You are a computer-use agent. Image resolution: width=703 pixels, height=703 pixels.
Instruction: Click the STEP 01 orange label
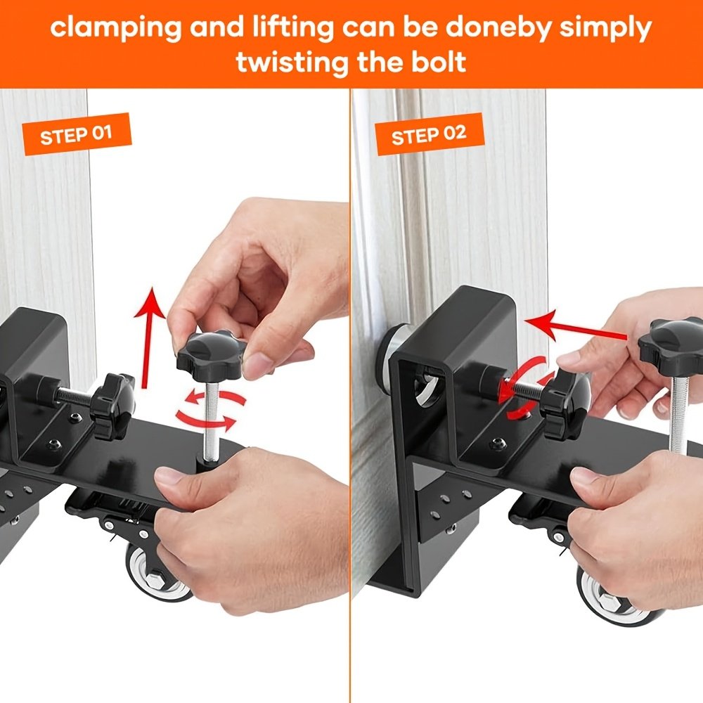pyautogui.click(x=77, y=134)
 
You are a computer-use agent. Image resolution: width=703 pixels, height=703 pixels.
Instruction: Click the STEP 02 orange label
pyautogui.click(x=429, y=134)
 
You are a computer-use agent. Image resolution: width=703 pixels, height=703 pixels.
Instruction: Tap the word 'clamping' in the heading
pyautogui.click(x=116, y=28)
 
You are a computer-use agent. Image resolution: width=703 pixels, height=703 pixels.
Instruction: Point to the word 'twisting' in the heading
pyautogui.click(x=292, y=63)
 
